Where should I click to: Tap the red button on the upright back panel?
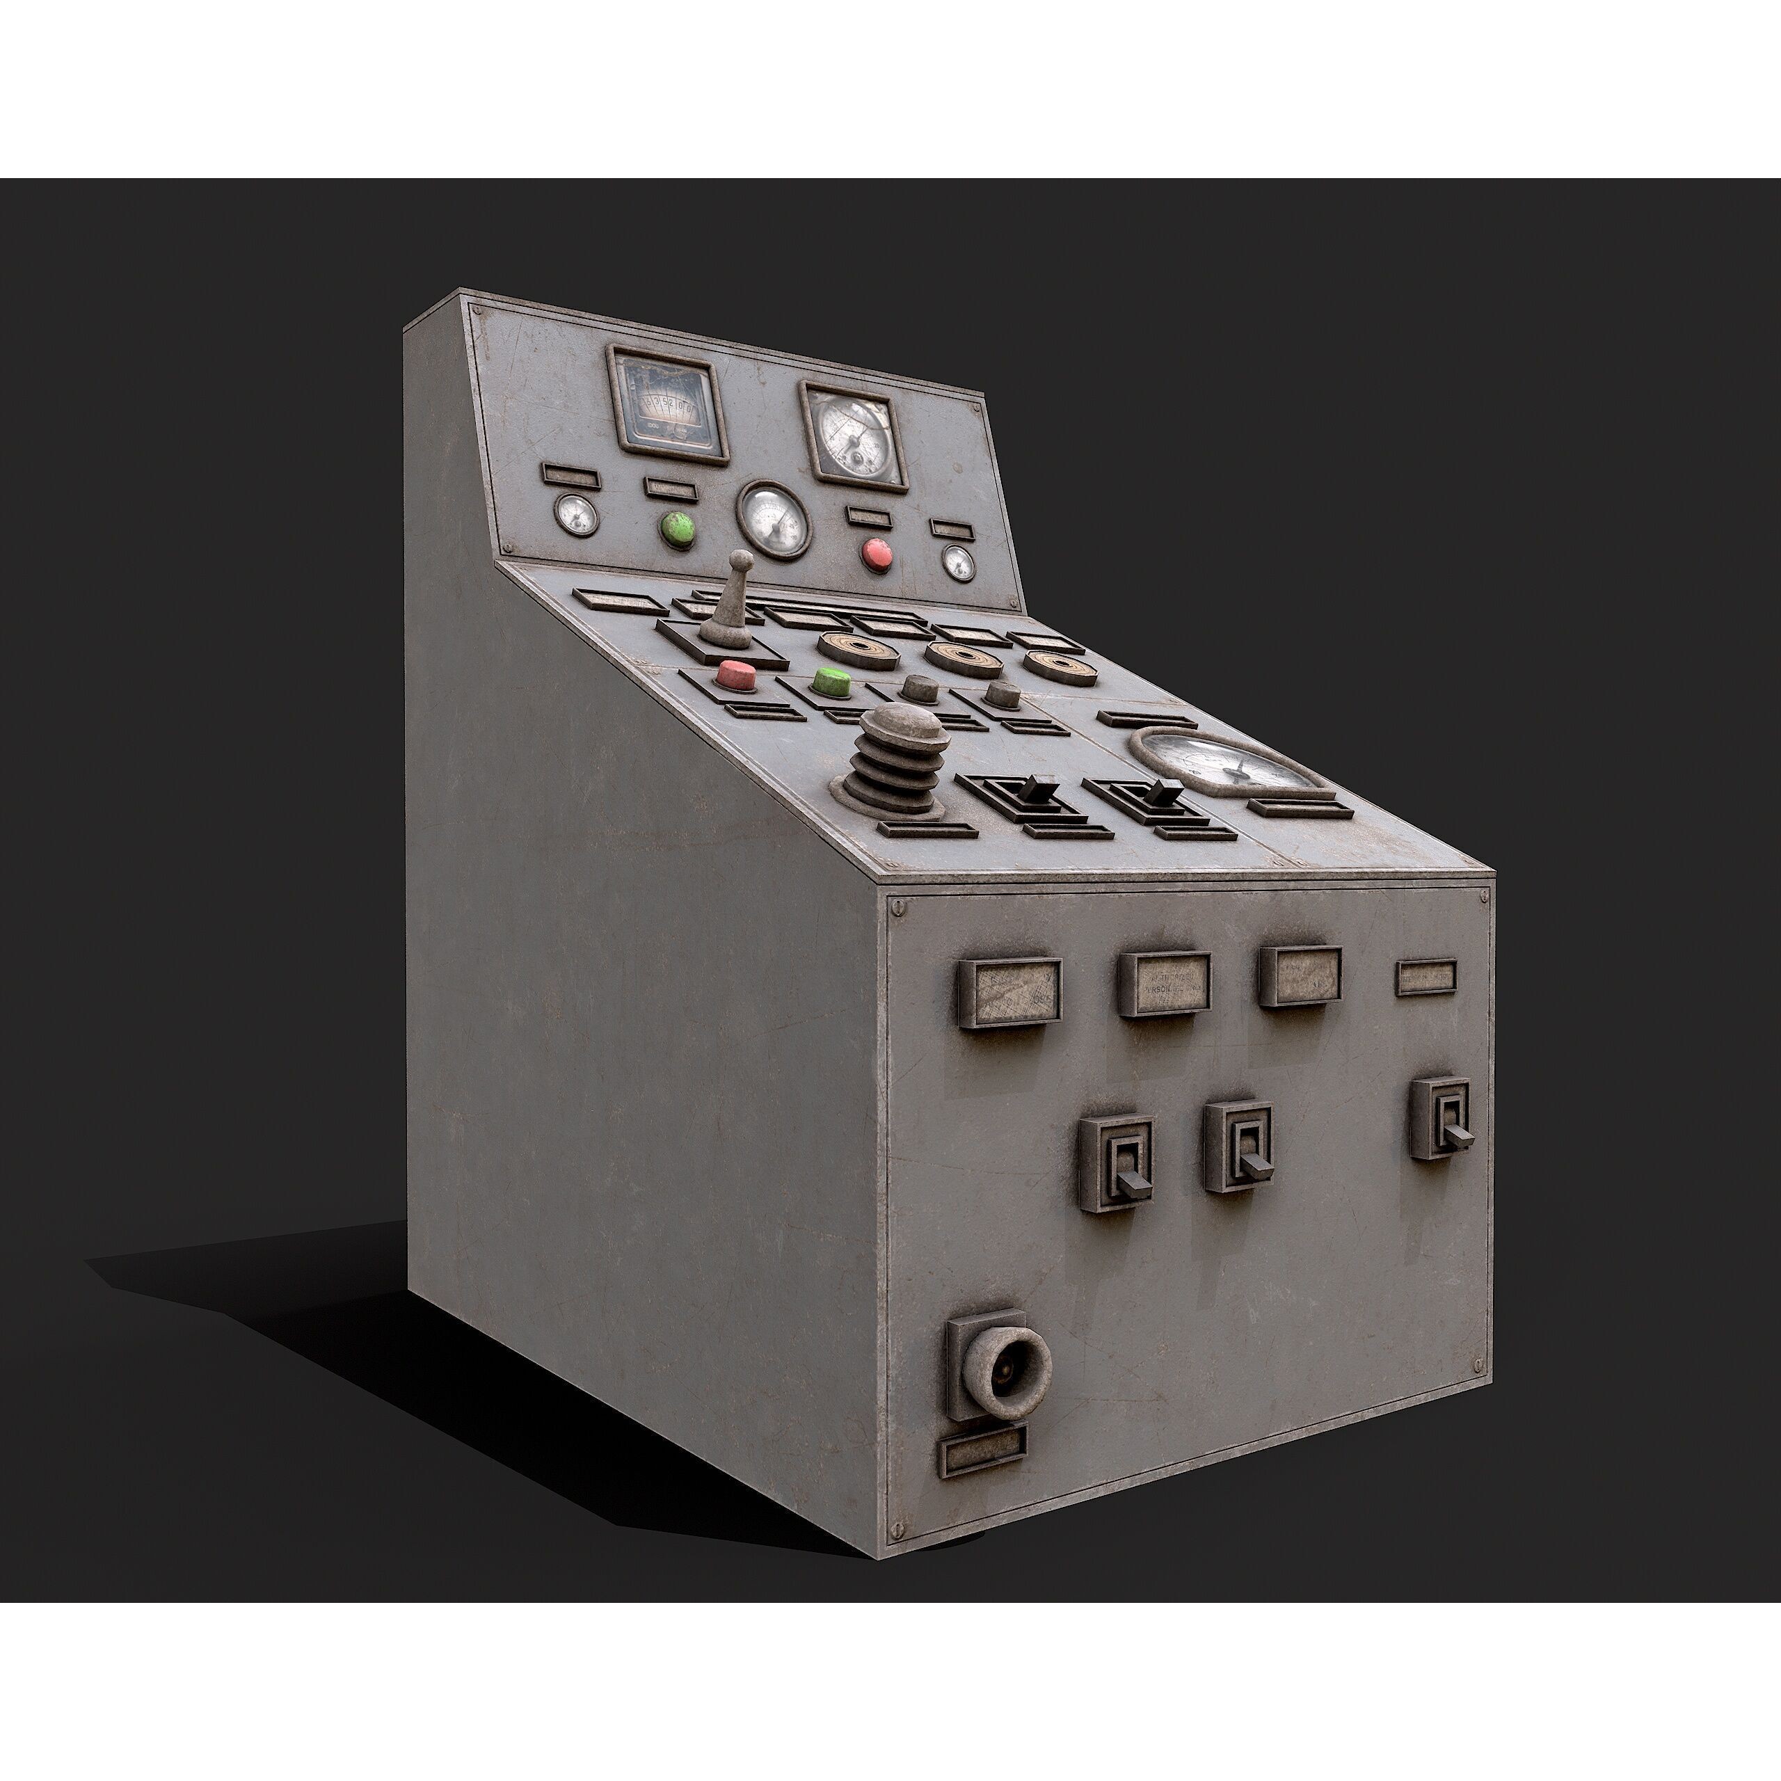pyautogui.click(x=877, y=553)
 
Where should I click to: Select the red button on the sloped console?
pyautogui.click(x=737, y=674)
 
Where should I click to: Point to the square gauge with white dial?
pyautogui.click(x=854, y=436)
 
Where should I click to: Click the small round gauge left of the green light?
pyautogui.click(x=576, y=514)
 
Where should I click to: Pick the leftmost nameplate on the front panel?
pyautogui.click(x=1009, y=993)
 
